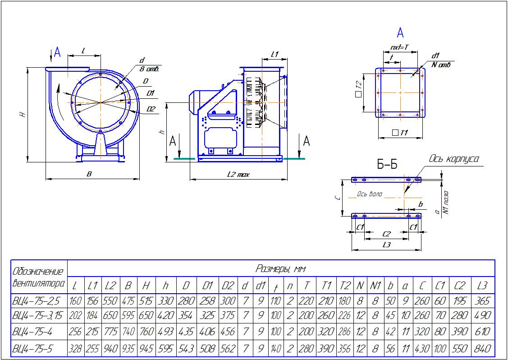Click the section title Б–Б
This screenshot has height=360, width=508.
tap(387, 165)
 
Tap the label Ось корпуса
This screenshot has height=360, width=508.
tap(453, 159)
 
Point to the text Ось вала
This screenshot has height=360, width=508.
tap(369, 194)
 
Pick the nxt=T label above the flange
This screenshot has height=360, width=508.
tap(399, 47)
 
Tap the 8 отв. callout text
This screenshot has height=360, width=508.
tap(150, 69)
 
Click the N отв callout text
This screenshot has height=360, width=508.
tap(441, 65)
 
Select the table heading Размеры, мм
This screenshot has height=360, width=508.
tap(281, 269)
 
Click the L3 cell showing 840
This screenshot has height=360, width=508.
tap(482, 349)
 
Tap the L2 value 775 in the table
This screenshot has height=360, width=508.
tap(110, 332)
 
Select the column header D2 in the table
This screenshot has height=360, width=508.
tap(228, 286)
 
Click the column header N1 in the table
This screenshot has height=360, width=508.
tap(375, 286)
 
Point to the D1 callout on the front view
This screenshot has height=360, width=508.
tap(151, 93)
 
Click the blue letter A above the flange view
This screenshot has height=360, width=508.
tap(400, 32)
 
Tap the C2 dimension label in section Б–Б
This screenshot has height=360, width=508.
tap(386, 234)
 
